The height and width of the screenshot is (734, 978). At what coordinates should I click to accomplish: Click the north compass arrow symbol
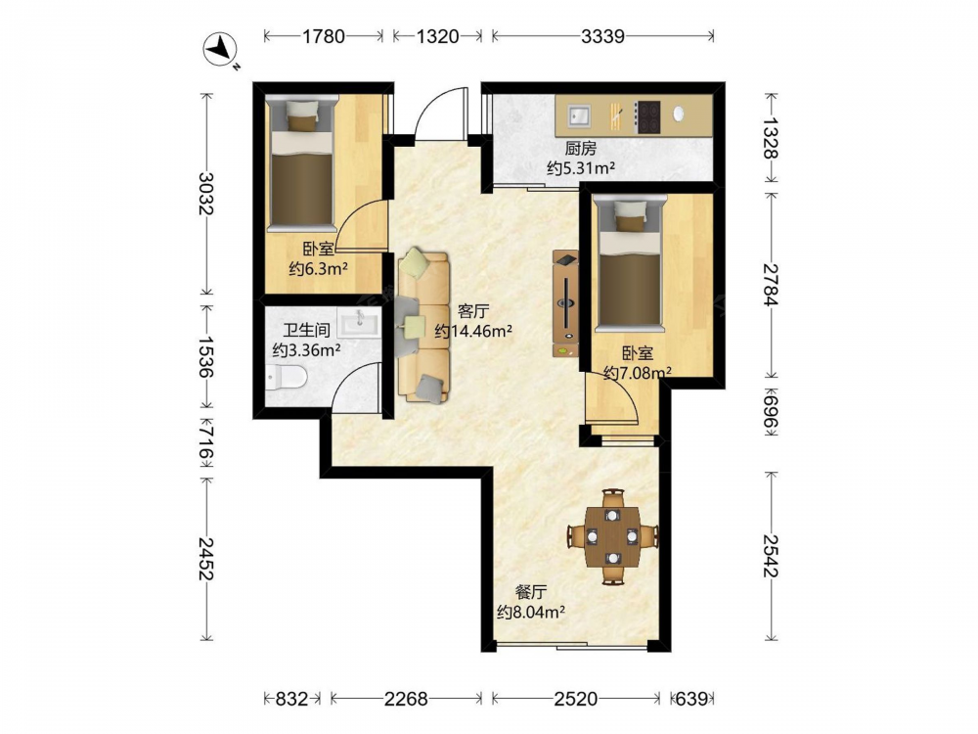[x=220, y=49]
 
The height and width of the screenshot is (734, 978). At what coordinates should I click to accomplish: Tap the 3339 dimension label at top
[x=602, y=36]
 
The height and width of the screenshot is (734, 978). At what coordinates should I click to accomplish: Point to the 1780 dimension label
[x=323, y=36]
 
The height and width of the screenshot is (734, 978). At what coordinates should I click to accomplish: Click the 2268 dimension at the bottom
[x=406, y=699]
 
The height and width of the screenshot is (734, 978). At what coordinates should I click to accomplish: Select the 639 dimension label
[x=691, y=699]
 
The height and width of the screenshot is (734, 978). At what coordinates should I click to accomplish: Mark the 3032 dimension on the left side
[x=205, y=193]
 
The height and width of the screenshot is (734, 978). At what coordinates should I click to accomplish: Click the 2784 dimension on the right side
[x=772, y=285]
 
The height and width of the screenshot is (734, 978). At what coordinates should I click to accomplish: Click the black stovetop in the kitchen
[x=647, y=116]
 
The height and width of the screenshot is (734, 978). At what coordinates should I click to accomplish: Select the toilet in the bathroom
[x=286, y=377]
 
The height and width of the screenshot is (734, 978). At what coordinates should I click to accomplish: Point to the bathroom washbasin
[x=359, y=322]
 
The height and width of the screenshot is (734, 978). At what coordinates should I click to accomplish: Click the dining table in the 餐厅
[x=612, y=536]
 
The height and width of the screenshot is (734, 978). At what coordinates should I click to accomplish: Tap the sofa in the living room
[x=423, y=327]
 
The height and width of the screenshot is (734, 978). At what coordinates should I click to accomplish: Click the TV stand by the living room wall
[x=565, y=303]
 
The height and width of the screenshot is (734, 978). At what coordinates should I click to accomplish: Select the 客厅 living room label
[x=473, y=311]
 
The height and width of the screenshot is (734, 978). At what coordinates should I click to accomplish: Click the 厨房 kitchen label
[x=581, y=148]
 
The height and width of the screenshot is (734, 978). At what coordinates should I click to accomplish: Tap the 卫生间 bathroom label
[x=306, y=330]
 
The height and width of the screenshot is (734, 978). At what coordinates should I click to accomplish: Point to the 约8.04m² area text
[x=531, y=613]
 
